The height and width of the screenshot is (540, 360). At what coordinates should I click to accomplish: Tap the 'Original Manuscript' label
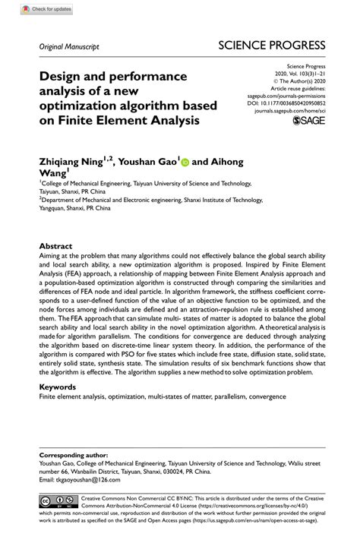coord(69,47)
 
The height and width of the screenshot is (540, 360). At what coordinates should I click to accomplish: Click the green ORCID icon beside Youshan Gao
coord(185,161)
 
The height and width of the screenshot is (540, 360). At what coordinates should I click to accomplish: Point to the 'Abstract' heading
coord(55,247)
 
